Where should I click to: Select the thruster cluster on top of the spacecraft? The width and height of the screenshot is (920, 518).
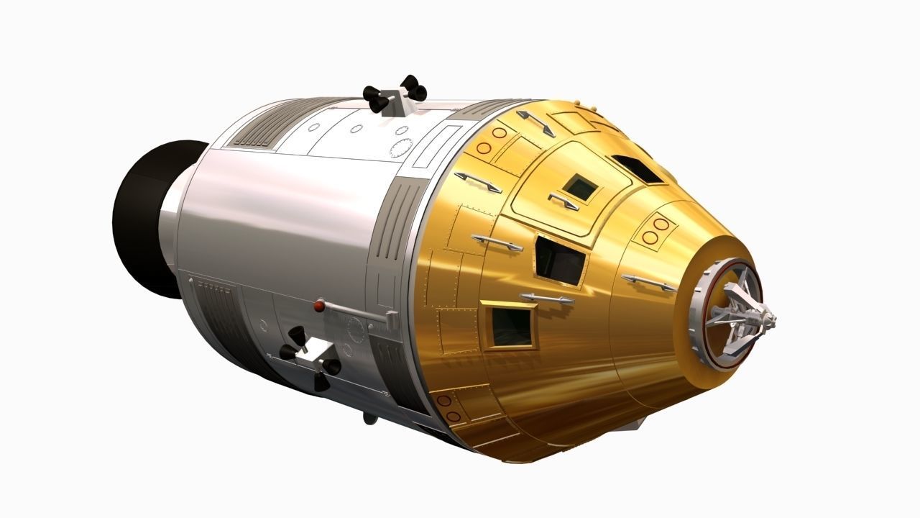point(395,95)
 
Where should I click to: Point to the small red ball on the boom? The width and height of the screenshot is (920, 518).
point(318,307)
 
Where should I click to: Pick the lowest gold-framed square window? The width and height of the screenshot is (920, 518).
point(512,325)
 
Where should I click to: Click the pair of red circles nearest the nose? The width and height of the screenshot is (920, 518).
point(655,230)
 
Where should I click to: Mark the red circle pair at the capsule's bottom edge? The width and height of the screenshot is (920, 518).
point(448,408)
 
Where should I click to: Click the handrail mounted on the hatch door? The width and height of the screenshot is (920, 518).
point(563,201)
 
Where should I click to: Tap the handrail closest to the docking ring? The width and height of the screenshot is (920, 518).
point(648,283)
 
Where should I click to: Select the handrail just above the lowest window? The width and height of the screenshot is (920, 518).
point(547,297)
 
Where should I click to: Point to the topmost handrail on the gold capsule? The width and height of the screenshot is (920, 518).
point(536,122)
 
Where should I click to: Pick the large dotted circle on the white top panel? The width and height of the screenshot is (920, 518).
point(400,147)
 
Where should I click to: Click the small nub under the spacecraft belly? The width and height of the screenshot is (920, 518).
point(369,418)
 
